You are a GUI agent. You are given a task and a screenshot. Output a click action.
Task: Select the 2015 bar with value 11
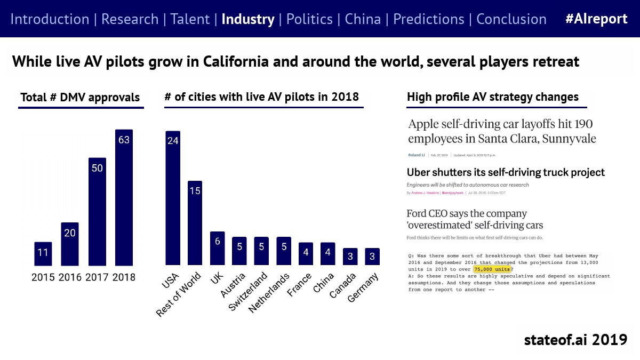point(43,254)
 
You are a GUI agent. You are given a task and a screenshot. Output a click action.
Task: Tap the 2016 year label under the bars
point(69,277)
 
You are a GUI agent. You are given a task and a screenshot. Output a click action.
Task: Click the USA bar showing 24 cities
point(173,198)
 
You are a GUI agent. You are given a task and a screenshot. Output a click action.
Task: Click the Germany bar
point(372,257)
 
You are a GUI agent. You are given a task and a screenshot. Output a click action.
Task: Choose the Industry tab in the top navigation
point(247,19)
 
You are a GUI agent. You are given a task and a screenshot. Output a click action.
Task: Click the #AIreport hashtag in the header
point(596,19)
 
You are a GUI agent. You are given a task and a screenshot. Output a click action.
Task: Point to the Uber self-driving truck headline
point(506,172)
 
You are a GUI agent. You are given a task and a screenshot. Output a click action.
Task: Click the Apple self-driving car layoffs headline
point(502,131)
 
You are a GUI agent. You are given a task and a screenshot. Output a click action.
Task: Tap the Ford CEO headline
point(475,219)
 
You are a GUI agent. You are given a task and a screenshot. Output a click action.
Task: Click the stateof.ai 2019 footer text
point(575,339)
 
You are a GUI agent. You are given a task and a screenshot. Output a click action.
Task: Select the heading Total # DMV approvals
point(80,98)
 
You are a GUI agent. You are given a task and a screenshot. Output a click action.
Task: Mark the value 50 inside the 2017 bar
point(97,168)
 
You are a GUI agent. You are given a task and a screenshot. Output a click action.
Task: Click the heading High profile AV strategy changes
point(492,97)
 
